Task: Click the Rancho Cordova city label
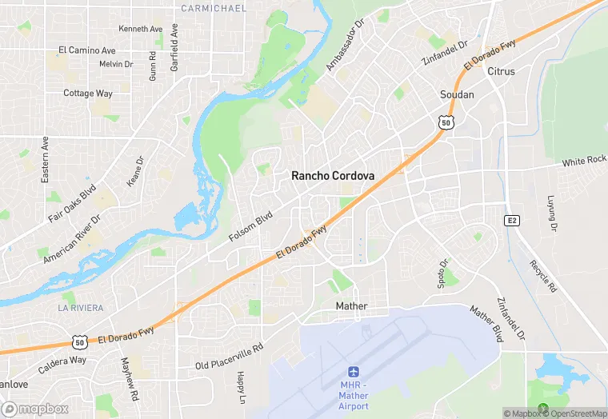(x=334, y=175)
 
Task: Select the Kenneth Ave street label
(x=140, y=29)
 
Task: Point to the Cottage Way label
(x=88, y=93)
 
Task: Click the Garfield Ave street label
(x=174, y=48)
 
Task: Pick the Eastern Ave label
(x=46, y=158)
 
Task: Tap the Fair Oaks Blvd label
(x=72, y=204)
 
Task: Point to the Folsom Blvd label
(x=251, y=227)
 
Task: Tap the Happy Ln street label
(x=240, y=387)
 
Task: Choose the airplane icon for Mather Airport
(x=353, y=372)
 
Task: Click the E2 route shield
(x=512, y=220)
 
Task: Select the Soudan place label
(x=457, y=94)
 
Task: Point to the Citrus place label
(x=501, y=71)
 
